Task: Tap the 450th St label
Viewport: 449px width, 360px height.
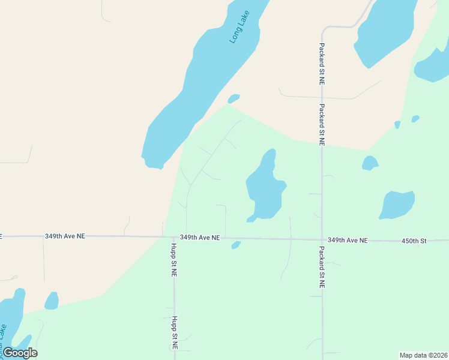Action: (414, 241)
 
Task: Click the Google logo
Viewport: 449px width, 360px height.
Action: (20, 353)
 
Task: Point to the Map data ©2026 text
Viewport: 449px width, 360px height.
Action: (423, 355)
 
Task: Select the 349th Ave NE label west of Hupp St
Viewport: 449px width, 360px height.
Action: (65, 236)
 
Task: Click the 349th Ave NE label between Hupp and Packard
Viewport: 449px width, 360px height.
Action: (200, 238)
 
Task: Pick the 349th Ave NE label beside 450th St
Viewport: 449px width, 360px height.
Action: (348, 240)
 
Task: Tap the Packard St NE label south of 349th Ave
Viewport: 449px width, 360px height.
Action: (322, 268)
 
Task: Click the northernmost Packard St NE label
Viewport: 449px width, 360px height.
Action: (322, 63)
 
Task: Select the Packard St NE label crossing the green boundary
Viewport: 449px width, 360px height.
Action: (322, 125)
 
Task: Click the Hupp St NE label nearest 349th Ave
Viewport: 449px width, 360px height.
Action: (173, 259)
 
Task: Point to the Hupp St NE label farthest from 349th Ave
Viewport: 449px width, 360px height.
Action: (174, 332)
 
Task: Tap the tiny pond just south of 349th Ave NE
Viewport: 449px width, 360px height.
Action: (236, 245)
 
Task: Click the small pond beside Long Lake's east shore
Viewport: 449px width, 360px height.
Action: (234, 98)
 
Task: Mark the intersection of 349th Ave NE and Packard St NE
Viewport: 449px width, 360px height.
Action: (322, 239)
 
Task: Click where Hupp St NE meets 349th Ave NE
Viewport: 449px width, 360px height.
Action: (174, 237)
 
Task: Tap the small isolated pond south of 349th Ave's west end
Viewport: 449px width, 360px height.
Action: (52, 301)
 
